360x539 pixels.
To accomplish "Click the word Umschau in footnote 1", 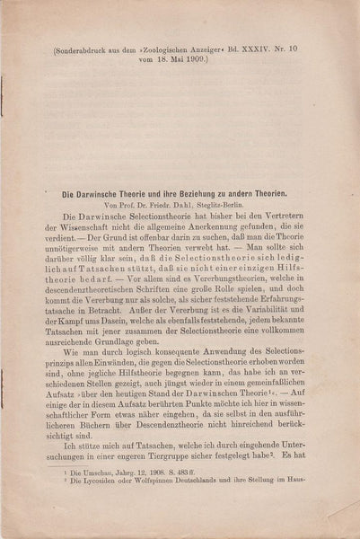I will (x=88, y=522).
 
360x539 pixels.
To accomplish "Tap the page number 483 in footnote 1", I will (x=184, y=522).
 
